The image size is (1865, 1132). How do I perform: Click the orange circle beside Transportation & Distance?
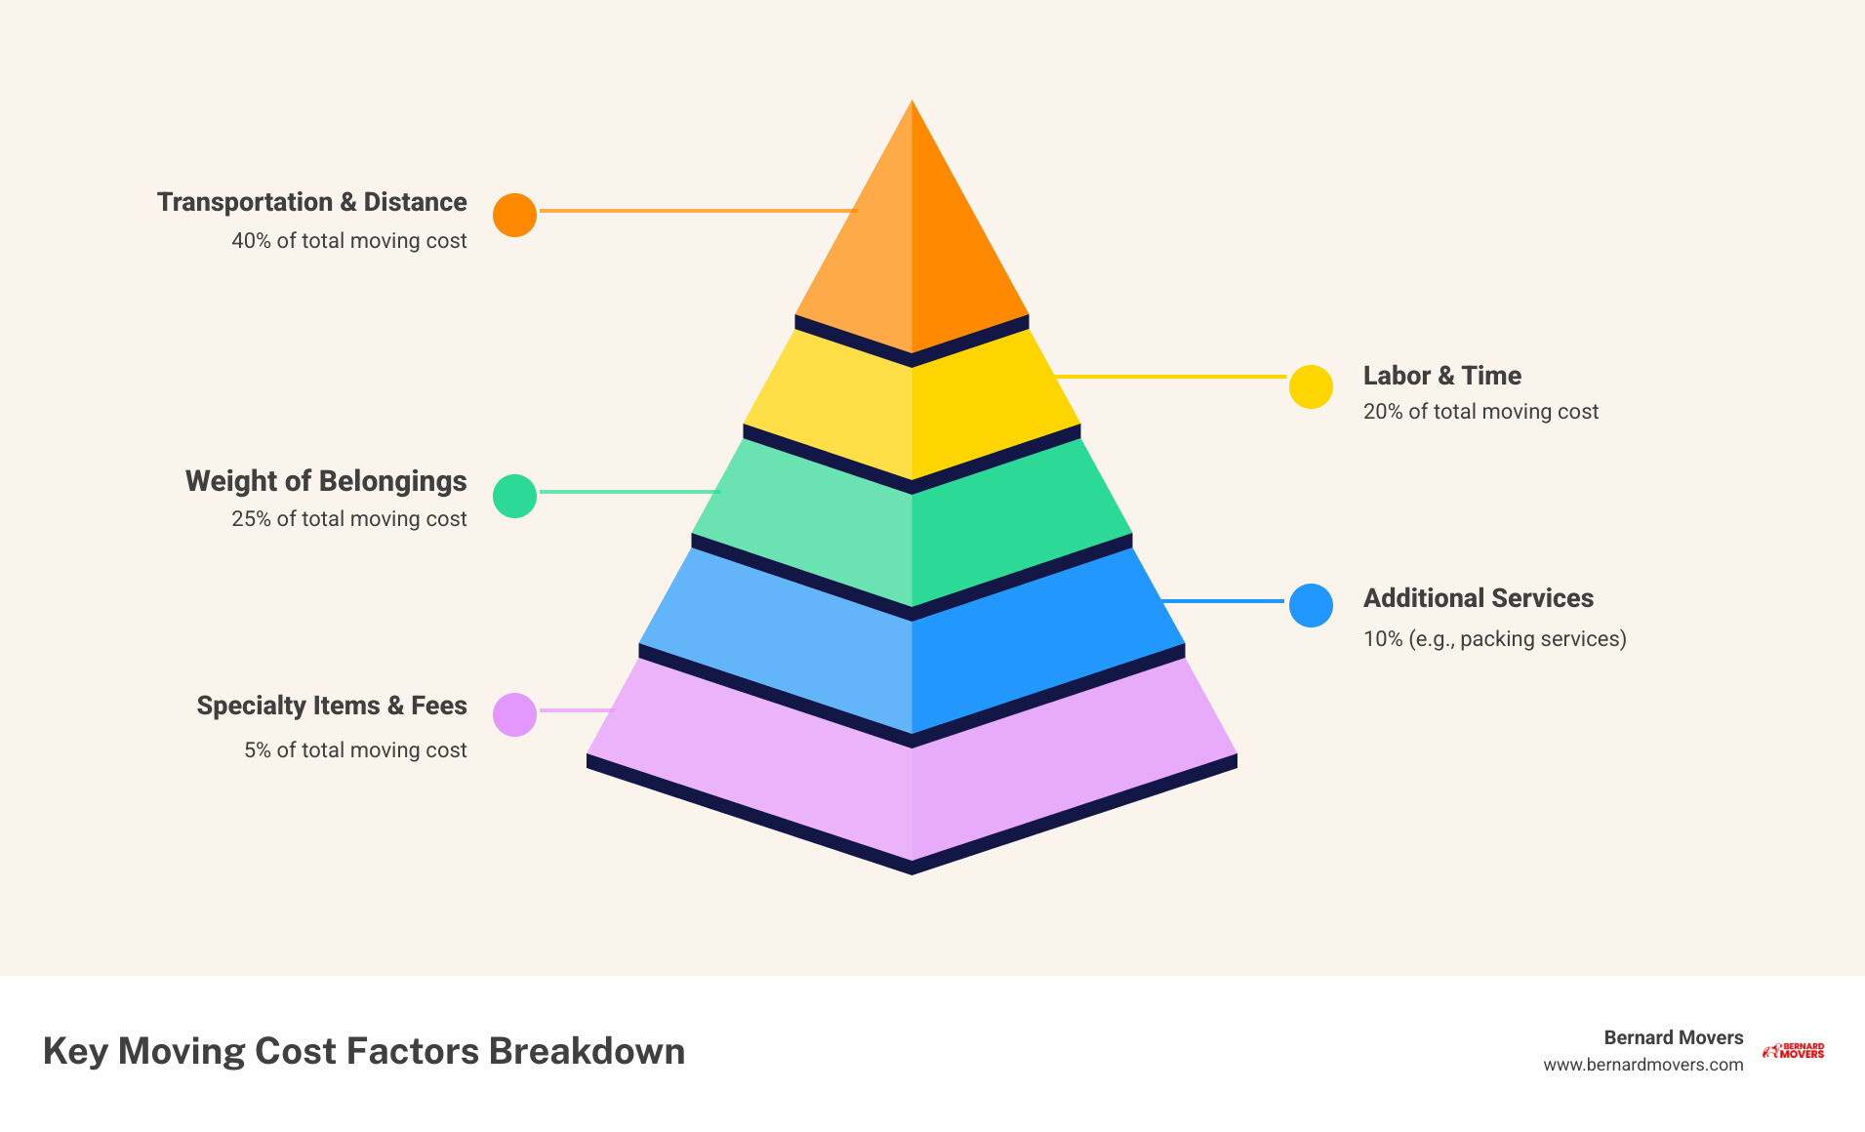click(514, 215)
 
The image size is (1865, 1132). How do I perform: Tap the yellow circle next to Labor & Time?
click(1311, 387)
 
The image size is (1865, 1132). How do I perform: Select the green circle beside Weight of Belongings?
click(514, 496)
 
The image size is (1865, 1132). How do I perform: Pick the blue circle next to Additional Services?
click(1311, 605)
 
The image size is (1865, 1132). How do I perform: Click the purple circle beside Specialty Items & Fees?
click(514, 714)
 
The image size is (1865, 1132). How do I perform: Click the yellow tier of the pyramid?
click(912, 410)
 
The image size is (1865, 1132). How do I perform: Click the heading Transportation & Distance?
click(311, 202)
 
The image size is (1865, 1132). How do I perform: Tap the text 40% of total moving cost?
click(348, 241)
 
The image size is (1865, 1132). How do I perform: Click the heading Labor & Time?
click(1441, 376)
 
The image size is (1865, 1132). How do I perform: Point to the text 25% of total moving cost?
click(348, 519)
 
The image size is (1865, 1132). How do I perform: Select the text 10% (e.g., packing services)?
click(1494, 639)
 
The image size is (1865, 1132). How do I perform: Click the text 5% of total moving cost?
click(355, 750)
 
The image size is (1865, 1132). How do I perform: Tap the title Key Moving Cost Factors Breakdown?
click(363, 1051)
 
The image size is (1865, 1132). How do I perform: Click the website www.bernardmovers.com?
click(1642, 1065)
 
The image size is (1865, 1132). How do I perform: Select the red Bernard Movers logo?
click(1794, 1051)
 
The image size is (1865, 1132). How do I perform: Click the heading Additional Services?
click(1478, 598)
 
